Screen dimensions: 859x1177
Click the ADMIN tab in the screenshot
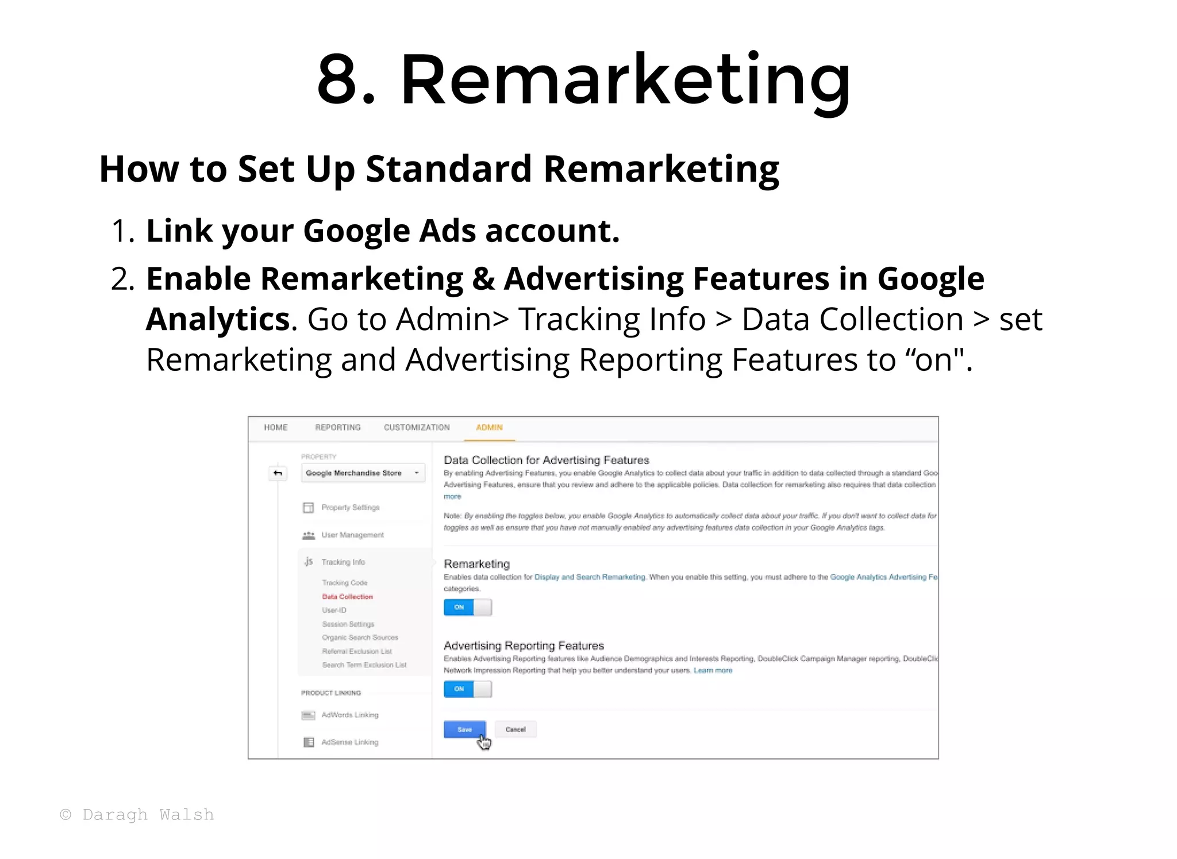pos(489,428)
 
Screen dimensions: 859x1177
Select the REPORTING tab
pos(338,428)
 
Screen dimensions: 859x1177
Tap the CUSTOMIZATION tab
pos(417,428)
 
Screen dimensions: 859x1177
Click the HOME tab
pos(276,428)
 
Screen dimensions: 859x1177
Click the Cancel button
pos(516,730)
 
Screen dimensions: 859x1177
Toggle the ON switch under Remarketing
pos(468,608)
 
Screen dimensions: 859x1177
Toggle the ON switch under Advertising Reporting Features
pos(468,689)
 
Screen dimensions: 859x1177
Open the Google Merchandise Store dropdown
pos(363,473)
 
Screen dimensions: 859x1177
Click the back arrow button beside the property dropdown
pos(278,473)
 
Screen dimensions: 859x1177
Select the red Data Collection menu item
pos(347,597)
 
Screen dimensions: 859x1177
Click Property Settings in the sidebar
pos(350,508)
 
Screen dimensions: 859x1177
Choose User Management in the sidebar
pos(352,535)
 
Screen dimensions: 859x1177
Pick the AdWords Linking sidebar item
pos(349,715)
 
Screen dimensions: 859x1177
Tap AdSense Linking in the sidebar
pos(349,742)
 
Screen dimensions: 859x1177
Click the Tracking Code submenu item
pos(344,583)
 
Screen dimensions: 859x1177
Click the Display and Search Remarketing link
pos(590,577)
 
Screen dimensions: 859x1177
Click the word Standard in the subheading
pos(448,169)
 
